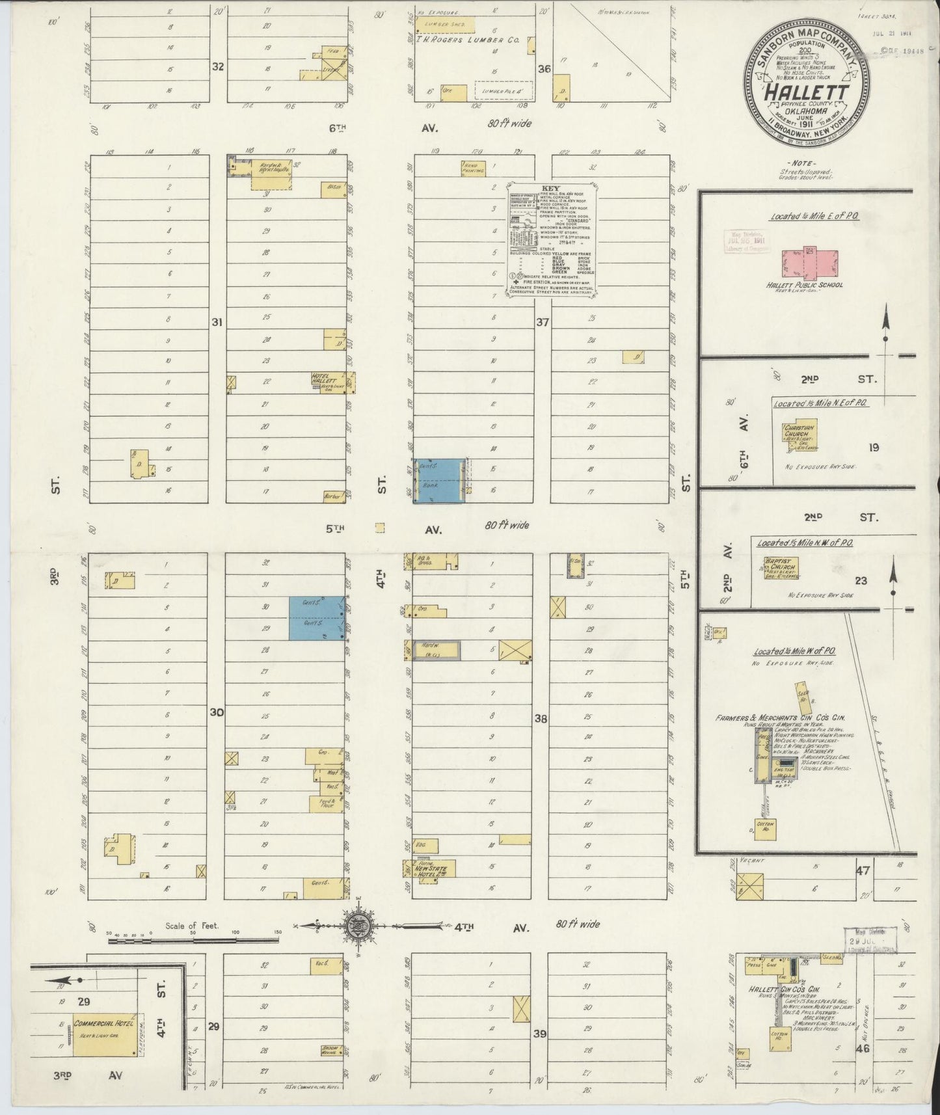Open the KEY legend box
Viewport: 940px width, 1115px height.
pyautogui.click(x=553, y=239)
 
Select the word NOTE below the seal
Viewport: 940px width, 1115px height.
pyautogui.click(x=806, y=163)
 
